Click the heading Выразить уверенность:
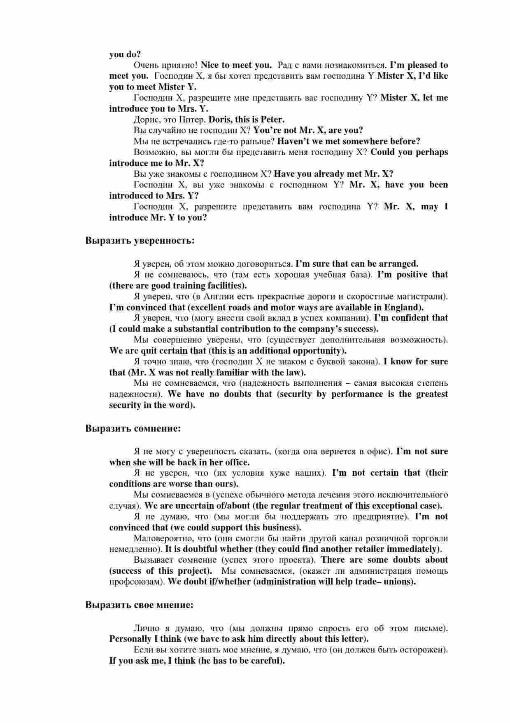tap(140, 240)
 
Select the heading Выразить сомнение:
tap(133, 428)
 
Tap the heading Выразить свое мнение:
tap(139, 605)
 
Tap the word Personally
tap(130, 639)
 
